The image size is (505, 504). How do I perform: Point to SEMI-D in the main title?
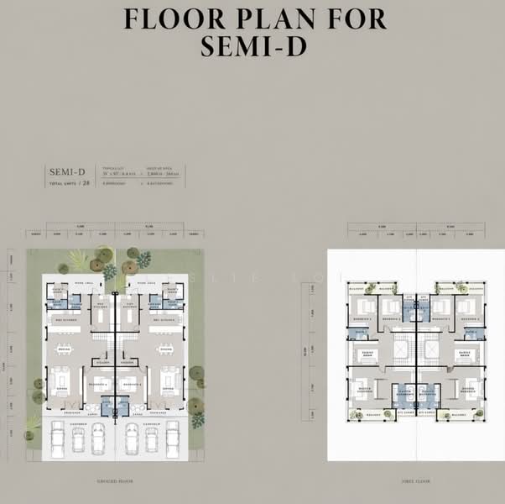click(252, 46)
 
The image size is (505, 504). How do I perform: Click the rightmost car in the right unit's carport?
click(173, 438)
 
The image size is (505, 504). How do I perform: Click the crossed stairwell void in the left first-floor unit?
click(399, 345)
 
